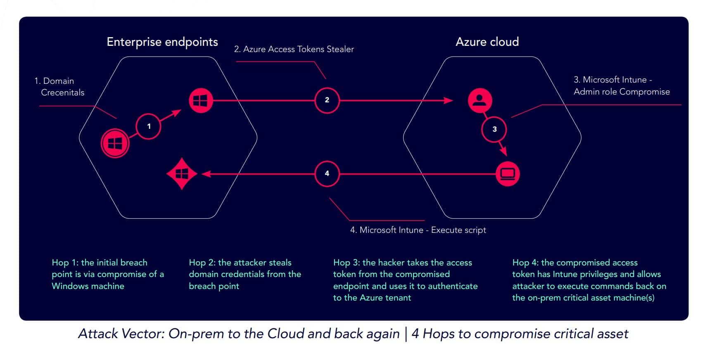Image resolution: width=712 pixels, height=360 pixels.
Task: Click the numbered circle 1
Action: [x=149, y=126]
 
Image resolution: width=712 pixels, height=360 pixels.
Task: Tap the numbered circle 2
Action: [x=327, y=100]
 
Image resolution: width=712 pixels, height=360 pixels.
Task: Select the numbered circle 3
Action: [x=494, y=129]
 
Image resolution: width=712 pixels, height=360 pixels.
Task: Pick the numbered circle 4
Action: [x=327, y=173]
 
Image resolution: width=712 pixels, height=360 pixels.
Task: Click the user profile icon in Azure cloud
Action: [x=479, y=100]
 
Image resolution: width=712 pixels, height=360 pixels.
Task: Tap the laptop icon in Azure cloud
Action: [x=507, y=174]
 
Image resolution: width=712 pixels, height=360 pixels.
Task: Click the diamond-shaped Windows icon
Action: [x=182, y=174]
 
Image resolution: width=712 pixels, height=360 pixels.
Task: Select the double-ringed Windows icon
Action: [x=115, y=143]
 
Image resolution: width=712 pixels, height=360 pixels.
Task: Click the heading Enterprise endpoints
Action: [x=162, y=42]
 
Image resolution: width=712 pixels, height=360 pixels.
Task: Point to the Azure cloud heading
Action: [x=487, y=42]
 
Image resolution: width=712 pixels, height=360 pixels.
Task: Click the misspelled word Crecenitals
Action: [x=63, y=92]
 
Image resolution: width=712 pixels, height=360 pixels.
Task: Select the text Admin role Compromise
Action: [x=621, y=92]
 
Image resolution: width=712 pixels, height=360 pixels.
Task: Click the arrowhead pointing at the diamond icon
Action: [x=206, y=174]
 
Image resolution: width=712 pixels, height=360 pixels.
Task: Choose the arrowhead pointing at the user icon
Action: [x=449, y=100]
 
